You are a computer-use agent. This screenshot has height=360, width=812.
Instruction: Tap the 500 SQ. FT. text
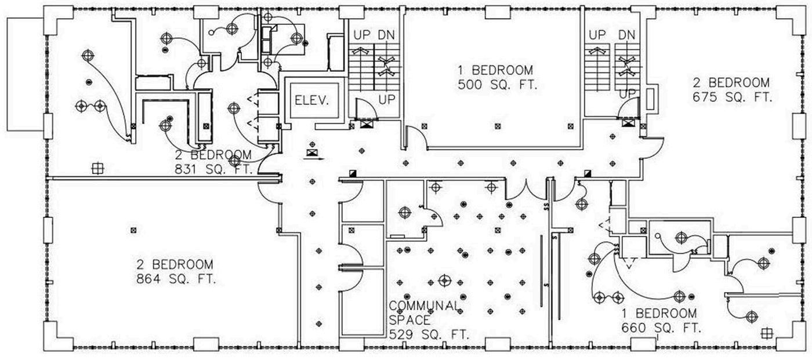[x=498, y=85]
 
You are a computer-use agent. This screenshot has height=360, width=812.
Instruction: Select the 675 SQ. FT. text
[x=733, y=97]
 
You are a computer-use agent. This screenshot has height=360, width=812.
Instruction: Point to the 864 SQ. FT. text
[x=176, y=279]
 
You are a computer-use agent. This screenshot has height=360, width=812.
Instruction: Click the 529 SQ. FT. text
[x=429, y=334]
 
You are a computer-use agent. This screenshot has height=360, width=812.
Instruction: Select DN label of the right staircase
[x=626, y=35]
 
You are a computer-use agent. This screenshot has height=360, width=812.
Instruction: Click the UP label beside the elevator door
[x=387, y=100]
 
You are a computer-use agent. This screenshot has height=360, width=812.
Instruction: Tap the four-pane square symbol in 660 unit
[x=767, y=333]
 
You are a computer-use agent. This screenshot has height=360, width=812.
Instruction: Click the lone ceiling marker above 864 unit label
[x=133, y=230]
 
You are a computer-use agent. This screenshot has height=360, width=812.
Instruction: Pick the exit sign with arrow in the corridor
[x=314, y=153]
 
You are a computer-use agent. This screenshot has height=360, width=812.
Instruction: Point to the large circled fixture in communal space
[x=444, y=281]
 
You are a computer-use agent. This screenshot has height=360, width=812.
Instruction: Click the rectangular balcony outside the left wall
[x=24, y=74]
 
